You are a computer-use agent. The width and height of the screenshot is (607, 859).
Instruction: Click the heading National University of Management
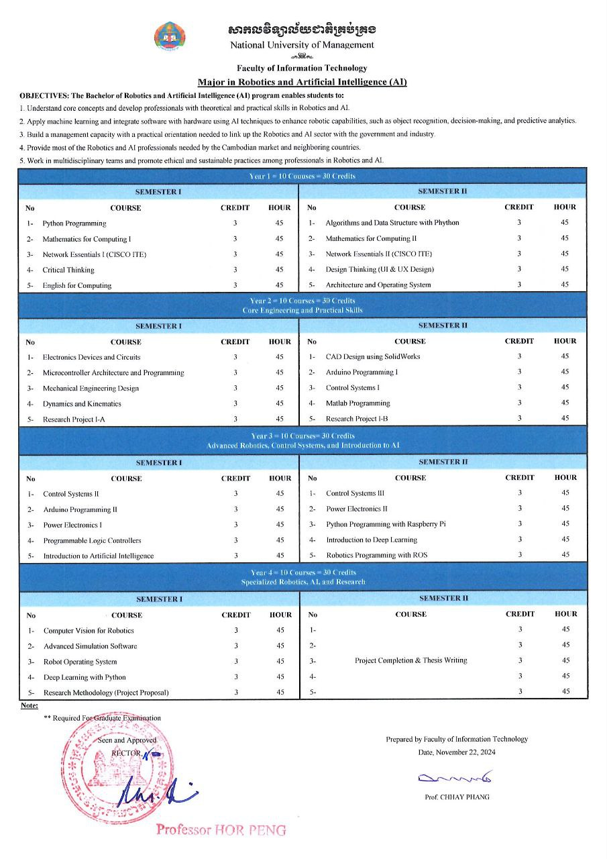click(302, 45)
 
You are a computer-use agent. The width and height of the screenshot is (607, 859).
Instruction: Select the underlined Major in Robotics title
click(302, 82)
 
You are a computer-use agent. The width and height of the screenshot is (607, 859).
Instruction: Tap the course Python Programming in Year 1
click(74, 223)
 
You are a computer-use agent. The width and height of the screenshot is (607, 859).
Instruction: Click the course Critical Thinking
click(68, 270)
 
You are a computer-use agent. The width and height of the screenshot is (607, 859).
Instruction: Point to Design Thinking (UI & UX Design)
click(380, 269)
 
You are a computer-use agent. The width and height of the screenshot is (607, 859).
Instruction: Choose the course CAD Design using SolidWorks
click(373, 356)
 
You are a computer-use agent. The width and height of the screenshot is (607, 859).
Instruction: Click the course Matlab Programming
click(357, 403)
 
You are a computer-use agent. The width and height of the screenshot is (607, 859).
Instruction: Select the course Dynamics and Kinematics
click(82, 404)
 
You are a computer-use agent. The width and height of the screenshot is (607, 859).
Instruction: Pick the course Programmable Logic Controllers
click(93, 540)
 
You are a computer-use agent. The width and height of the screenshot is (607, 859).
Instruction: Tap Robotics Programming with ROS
click(377, 555)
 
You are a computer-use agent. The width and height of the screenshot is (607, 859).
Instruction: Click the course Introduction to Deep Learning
click(372, 540)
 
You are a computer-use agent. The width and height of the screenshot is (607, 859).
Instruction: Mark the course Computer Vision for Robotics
click(89, 631)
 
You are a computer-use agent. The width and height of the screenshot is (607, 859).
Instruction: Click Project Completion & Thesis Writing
click(411, 660)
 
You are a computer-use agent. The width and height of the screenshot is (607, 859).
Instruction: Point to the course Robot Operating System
click(80, 662)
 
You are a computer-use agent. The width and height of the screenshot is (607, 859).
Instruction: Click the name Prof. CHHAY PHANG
click(457, 797)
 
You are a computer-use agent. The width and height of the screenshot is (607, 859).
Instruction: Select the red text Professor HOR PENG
click(221, 829)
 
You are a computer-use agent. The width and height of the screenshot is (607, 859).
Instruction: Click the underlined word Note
click(30, 705)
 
